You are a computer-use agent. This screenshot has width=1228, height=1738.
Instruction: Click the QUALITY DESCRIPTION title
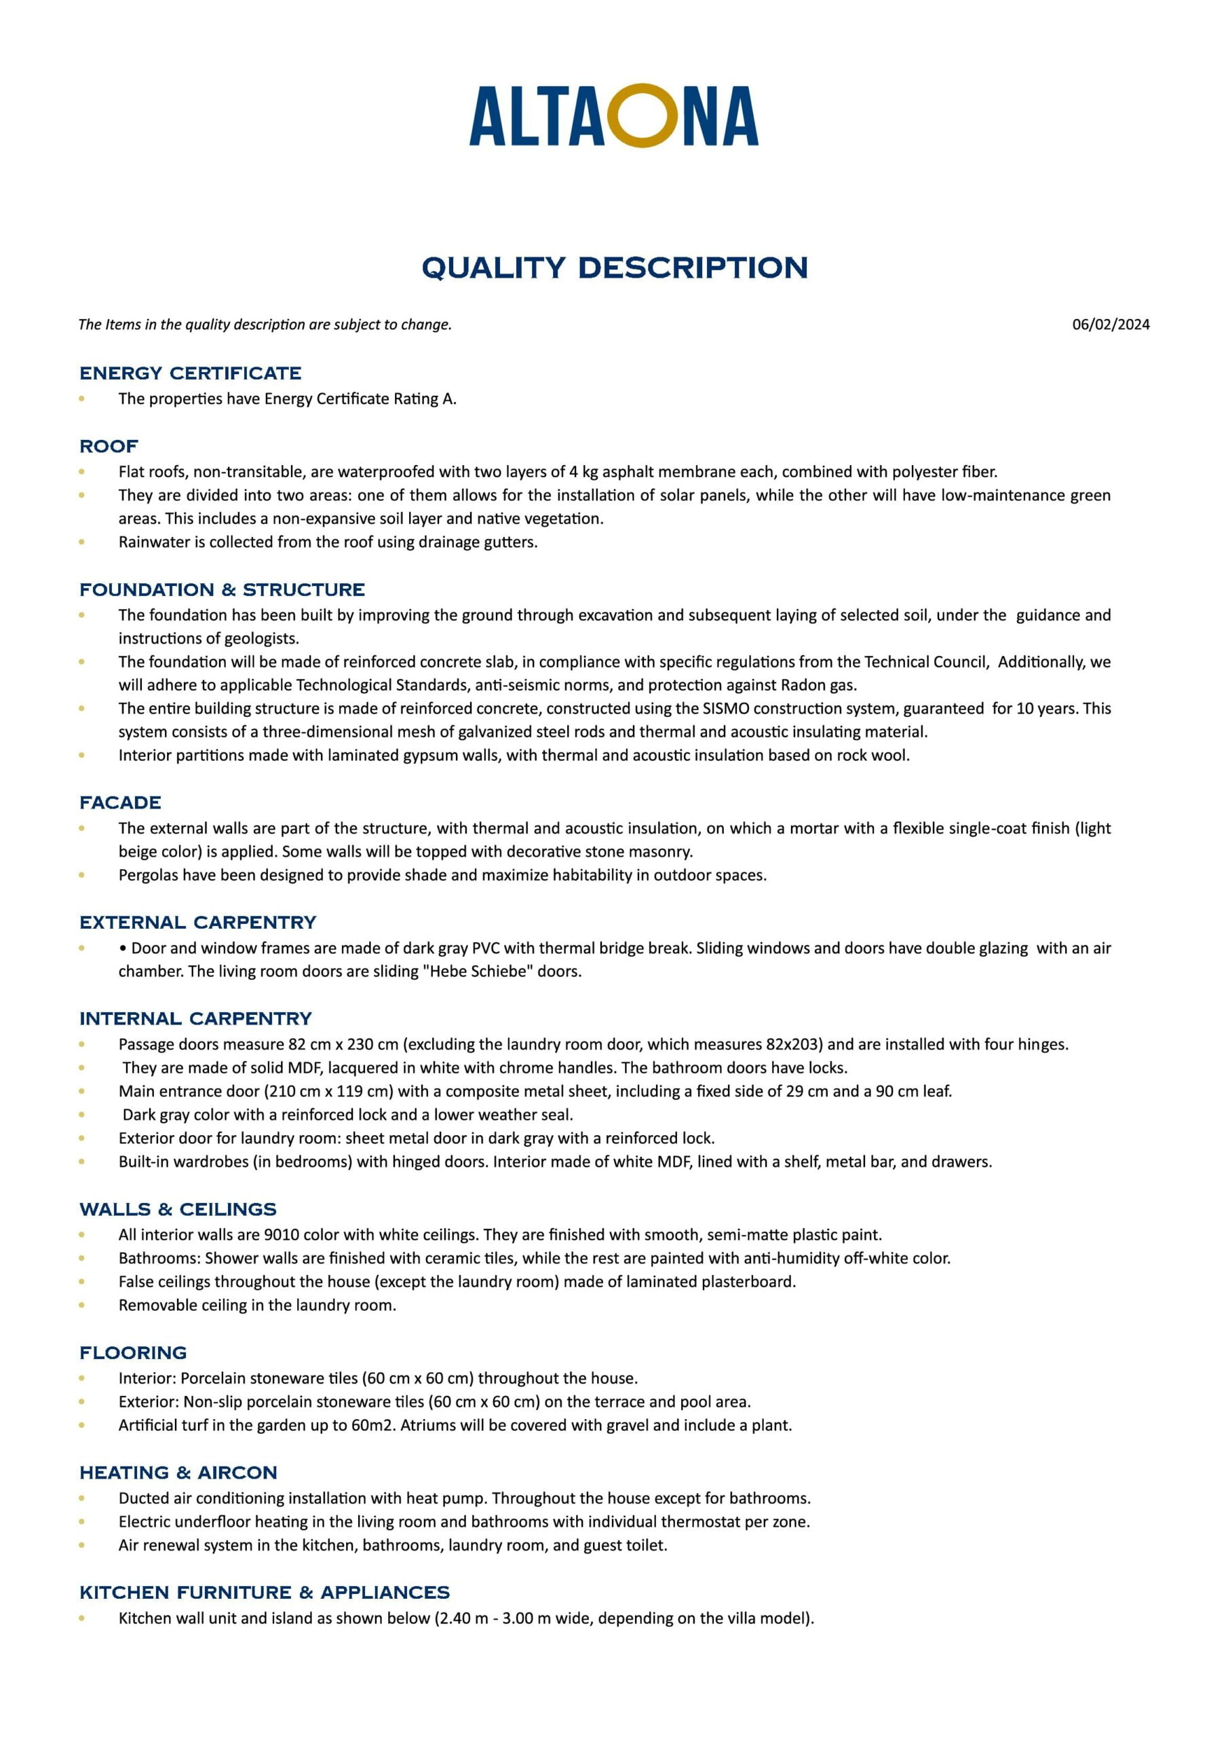point(615,267)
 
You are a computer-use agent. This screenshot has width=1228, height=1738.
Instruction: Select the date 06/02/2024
point(1110,325)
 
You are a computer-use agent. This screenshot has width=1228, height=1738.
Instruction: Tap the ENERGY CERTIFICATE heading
point(190,373)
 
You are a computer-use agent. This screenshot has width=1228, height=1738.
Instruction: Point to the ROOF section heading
point(109,447)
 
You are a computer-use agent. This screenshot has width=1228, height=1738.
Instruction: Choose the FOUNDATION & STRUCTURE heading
point(222,590)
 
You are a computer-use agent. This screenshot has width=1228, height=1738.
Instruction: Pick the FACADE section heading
point(120,803)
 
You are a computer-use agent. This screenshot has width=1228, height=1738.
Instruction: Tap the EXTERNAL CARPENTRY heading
point(197,923)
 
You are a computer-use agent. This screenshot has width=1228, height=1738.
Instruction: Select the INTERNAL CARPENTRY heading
point(195,1019)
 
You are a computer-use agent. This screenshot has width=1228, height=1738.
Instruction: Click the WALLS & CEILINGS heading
point(178,1210)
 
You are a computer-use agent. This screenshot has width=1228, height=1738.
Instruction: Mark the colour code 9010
point(282,1236)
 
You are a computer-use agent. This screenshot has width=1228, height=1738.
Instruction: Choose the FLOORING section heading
point(133,1352)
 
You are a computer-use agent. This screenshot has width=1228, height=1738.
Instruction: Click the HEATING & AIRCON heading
point(178,1473)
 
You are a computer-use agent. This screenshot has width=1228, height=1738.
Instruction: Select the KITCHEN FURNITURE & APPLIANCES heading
point(264,1593)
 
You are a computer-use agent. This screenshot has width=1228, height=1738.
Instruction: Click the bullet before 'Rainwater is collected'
point(81,542)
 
